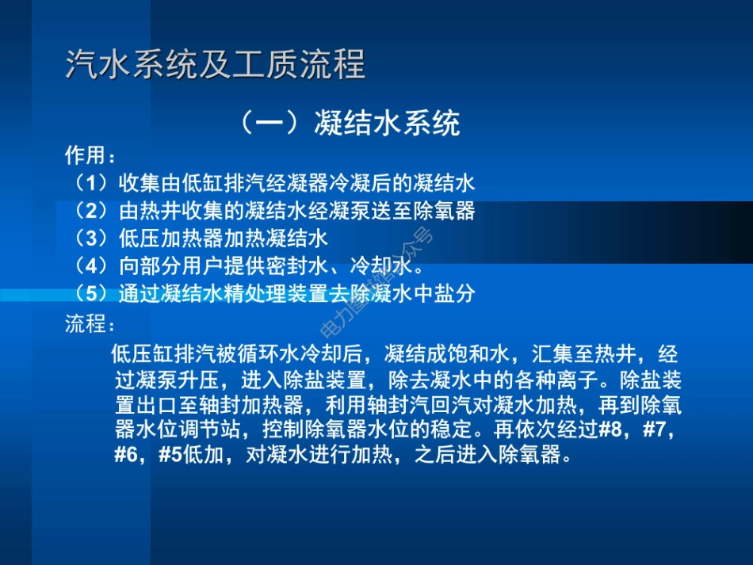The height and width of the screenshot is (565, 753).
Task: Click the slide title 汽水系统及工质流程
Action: point(215,65)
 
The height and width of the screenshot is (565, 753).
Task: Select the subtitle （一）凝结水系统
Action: point(349,123)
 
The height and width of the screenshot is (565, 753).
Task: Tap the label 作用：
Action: point(90,155)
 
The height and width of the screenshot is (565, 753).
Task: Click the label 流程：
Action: point(90,325)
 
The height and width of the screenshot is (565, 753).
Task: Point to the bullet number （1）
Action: point(90,184)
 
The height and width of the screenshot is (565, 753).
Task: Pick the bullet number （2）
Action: point(90,211)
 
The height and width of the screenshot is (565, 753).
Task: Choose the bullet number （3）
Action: point(90,238)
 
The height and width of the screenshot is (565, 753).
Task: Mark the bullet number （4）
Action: point(90,265)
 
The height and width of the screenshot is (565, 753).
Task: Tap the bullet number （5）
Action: point(90,293)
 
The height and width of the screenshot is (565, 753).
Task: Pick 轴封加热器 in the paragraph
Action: point(256,406)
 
